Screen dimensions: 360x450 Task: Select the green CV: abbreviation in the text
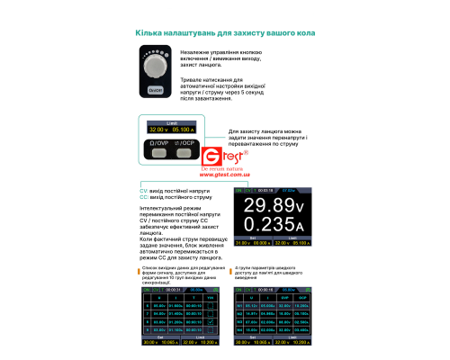144,193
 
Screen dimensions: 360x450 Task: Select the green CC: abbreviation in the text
144,199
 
